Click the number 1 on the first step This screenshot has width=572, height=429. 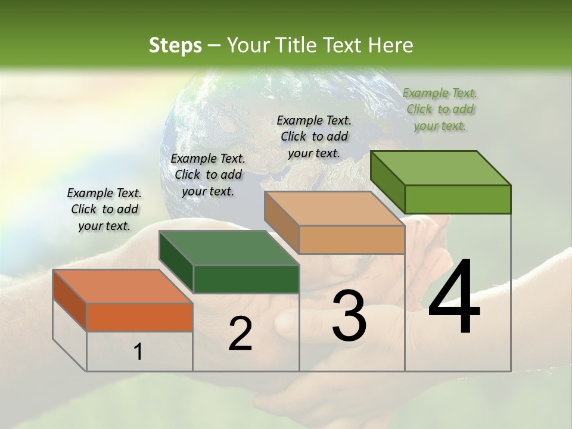[x=138, y=352]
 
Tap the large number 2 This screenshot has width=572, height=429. [x=240, y=334]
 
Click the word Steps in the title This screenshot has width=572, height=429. [x=175, y=45]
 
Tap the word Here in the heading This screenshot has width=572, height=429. [x=391, y=45]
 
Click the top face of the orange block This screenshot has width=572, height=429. [x=122, y=287]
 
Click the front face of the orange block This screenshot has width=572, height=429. [x=139, y=317]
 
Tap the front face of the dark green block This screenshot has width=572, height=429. [x=246, y=279]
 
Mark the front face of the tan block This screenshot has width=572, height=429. [x=352, y=240]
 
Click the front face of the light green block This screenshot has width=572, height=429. [x=458, y=199]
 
